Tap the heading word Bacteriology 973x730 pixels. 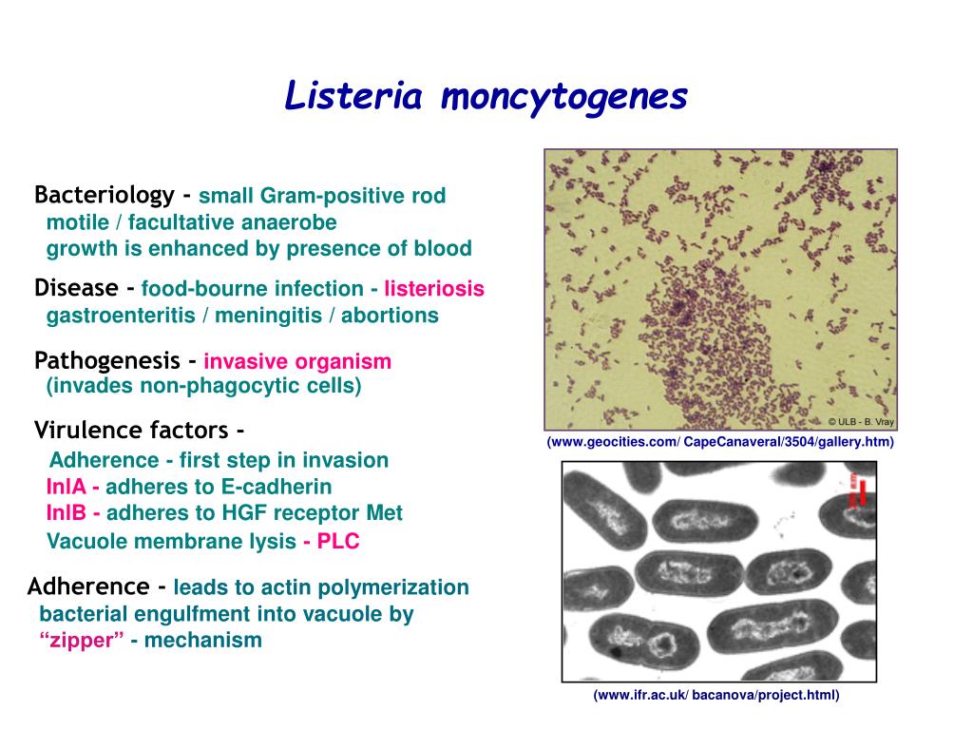104,196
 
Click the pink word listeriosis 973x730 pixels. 434,289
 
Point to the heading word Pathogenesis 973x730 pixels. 106,361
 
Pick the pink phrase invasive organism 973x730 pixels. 297,362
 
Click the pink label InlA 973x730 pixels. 66,488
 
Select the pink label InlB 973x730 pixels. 66,513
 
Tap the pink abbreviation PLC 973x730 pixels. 338,542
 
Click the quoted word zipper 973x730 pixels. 83,640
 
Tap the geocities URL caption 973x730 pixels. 719,443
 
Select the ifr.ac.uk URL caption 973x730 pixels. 716,695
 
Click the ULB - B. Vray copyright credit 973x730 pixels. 860,422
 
